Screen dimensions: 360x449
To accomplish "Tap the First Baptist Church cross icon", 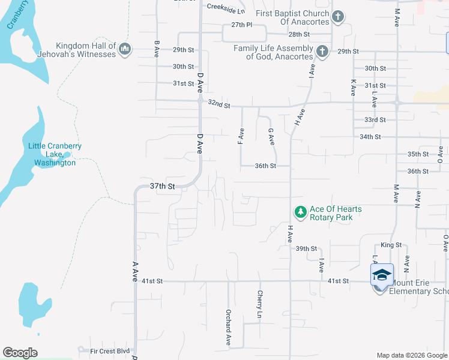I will click(338, 17).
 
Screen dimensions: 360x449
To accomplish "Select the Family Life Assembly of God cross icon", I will click(322, 52).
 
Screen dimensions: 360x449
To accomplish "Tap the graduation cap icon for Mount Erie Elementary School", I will click(381, 275).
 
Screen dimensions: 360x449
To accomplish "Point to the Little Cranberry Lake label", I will click(55, 154).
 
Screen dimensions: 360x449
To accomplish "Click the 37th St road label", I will click(162, 187).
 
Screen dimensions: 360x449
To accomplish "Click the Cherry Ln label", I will click(260, 304).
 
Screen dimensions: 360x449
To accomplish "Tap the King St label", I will click(391, 245).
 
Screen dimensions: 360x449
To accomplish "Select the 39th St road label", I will click(306, 248).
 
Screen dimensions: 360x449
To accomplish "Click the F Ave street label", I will click(241, 137).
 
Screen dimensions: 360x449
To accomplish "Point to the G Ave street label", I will click(271, 137).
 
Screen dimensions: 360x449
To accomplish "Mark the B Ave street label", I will click(157, 49).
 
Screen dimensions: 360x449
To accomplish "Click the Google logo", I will click(20, 353).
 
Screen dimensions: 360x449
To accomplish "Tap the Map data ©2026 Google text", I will click(411, 355).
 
